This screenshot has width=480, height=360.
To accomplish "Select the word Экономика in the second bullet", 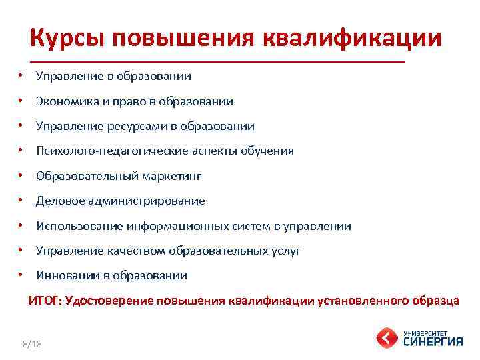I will tap(65, 101).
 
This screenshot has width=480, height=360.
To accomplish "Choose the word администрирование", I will tap(145, 201).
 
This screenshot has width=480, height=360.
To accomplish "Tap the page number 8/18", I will tap(31, 343).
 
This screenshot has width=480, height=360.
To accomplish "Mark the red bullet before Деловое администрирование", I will tap(22, 201).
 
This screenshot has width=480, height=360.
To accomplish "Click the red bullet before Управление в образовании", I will tap(22, 76).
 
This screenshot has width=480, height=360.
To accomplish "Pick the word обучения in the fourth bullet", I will tap(271, 151).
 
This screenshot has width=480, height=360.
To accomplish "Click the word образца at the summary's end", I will tap(435, 301).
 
